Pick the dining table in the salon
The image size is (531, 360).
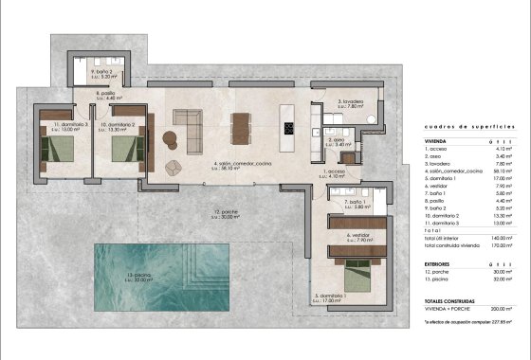coord(243,126)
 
